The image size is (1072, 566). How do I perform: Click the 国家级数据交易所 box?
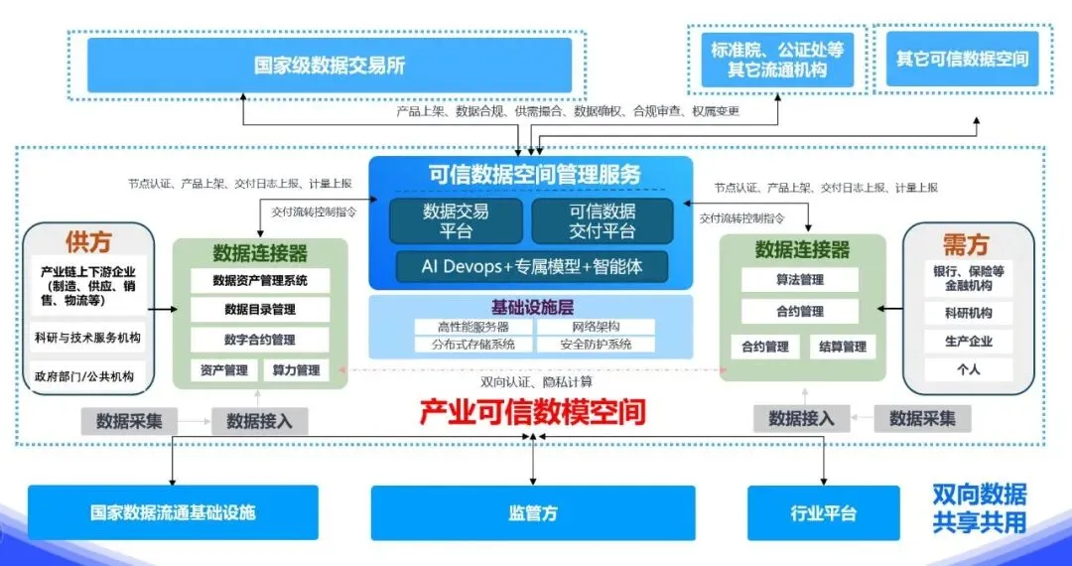[330, 66]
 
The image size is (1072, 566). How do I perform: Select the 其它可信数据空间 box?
[962, 59]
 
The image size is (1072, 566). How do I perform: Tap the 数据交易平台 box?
[456, 221]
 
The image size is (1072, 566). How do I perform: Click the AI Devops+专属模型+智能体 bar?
[531, 267]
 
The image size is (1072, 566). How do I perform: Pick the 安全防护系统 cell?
[596, 345]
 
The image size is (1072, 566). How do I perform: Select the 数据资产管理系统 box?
[260, 281]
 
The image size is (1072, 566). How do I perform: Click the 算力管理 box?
[295, 370]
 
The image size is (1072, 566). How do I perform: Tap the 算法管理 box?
[799, 280]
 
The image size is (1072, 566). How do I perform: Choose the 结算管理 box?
[842, 347]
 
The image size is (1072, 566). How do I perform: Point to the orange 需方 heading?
[966, 244]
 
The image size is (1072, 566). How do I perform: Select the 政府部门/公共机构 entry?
[87, 377]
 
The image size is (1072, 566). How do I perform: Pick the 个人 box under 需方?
[968, 369]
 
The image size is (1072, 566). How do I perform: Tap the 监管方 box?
[533, 513]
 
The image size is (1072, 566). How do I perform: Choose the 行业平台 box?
[823, 513]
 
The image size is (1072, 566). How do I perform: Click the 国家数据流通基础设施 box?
[173, 512]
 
